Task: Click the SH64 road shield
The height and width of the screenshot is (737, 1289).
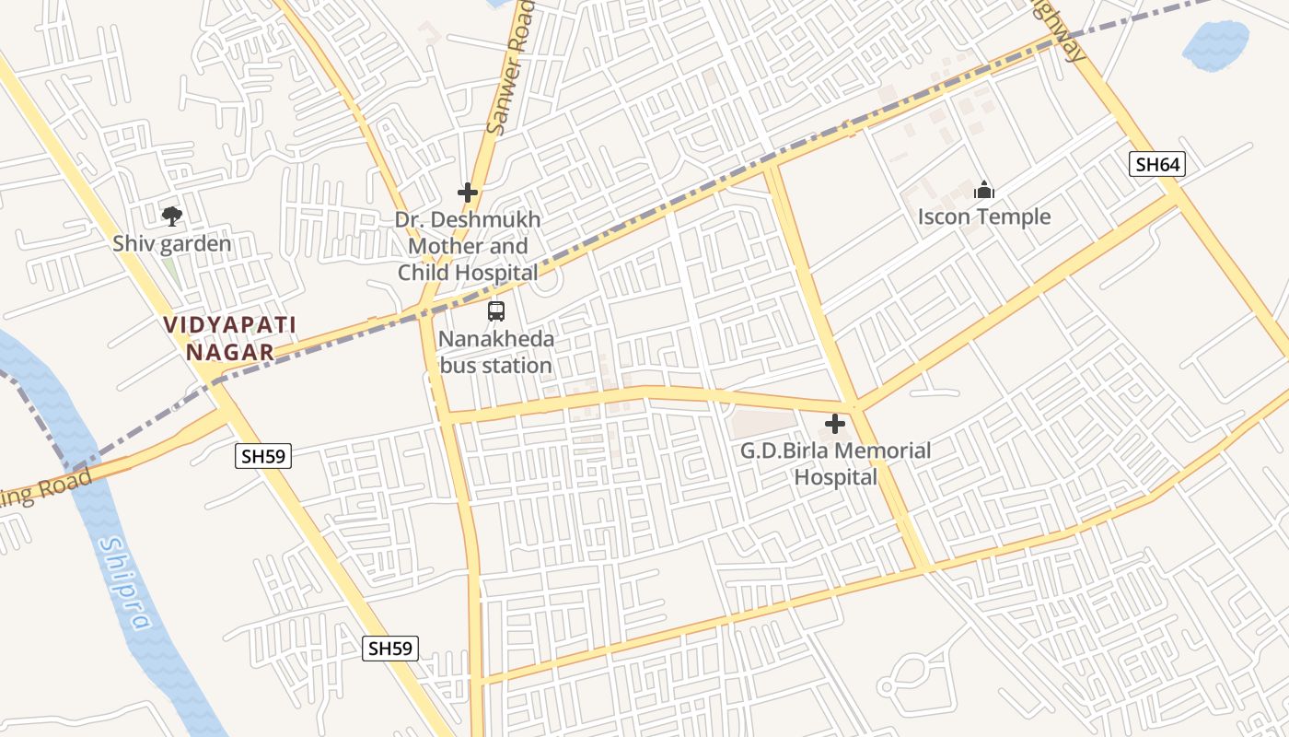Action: pyautogui.click(x=1156, y=165)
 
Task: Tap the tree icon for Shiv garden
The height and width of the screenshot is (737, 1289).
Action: pyautogui.click(x=171, y=216)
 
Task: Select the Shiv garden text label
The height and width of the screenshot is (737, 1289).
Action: pyautogui.click(x=171, y=244)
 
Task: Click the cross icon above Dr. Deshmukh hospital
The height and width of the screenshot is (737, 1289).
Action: pyautogui.click(x=468, y=193)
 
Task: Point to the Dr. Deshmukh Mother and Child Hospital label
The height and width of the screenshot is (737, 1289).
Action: pyautogui.click(x=468, y=247)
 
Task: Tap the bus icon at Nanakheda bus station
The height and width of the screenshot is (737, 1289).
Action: pyautogui.click(x=496, y=311)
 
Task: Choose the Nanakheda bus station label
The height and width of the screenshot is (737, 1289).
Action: pyautogui.click(x=496, y=352)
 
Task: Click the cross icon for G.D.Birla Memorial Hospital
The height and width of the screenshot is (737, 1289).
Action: pyautogui.click(x=835, y=424)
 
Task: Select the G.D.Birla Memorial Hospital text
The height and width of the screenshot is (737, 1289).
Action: pyautogui.click(x=835, y=463)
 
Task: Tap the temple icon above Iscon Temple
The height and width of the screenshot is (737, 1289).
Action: pyautogui.click(x=984, y=191)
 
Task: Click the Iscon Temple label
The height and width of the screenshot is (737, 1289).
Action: pyautogui.click(x=984, y=217)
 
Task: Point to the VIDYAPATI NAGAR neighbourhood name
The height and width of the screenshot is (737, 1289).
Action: pyautogui.click(x=229, y=338)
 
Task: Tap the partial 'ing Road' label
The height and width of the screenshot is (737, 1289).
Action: pyautogui.click(x=46, y=488)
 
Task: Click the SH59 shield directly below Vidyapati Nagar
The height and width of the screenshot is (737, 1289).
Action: pyautogui.click(x=263, y=455)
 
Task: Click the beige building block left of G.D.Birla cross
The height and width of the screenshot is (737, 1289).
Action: pyautogui.click(x=762, y=425)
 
